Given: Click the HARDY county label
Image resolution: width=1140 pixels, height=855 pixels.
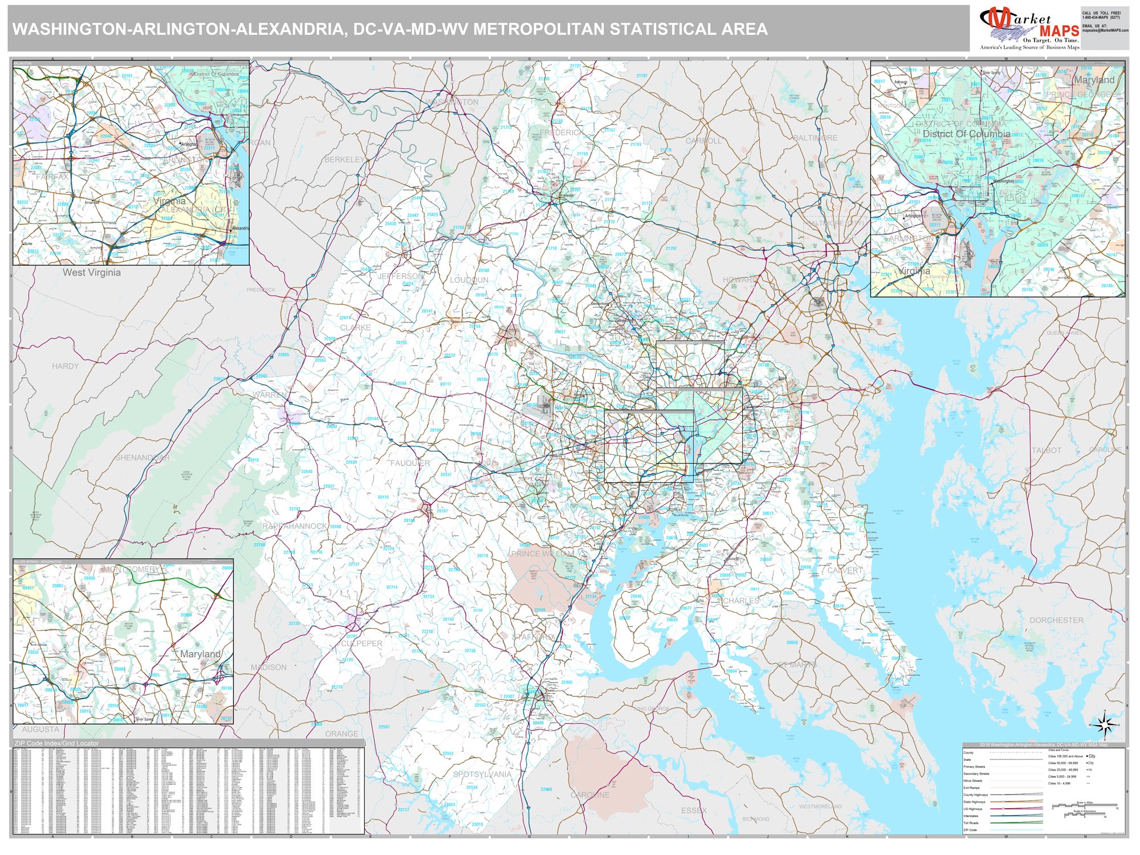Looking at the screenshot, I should (65, 366).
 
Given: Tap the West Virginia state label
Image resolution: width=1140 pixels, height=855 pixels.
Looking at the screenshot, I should (91, 272).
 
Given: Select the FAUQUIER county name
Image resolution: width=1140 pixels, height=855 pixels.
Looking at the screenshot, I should (410, 463).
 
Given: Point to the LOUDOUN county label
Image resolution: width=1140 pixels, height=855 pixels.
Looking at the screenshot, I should (469, 280).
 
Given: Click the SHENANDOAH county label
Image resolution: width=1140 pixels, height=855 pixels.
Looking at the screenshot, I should (142, 458).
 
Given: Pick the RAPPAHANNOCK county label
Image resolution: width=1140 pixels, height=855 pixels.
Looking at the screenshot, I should (295, 526).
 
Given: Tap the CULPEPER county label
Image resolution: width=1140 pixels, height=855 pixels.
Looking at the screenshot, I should (361, 644).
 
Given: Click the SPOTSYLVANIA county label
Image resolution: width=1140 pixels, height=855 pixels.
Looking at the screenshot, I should (482, 774).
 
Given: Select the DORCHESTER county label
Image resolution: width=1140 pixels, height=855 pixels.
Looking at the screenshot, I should (1056, 620).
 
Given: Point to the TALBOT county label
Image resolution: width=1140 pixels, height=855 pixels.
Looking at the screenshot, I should (1047, 450).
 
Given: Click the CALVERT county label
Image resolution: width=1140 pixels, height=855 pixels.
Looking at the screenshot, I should (845, 571).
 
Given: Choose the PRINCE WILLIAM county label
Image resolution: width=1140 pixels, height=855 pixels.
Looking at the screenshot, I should (543, 553).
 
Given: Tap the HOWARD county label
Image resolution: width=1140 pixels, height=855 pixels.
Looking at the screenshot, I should (739, 280).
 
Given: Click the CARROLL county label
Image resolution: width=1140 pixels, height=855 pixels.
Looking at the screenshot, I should (703, 141).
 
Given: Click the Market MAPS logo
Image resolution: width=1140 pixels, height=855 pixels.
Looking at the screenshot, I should (1029, 28).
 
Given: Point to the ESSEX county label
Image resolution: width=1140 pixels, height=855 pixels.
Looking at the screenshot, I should (694, 810).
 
